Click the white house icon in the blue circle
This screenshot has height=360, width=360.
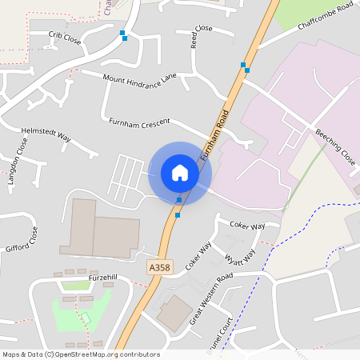(x=179, y=173)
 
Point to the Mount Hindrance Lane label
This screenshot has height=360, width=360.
(x=140, y=78)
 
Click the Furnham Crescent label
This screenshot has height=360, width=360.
(x=139, y=122)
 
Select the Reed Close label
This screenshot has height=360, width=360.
(x=201, y=36)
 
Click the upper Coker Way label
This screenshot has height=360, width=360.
(x=247, y=226)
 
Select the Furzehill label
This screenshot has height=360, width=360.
(x=103, y=276)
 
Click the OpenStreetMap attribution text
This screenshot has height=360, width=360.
(x=81, y=354)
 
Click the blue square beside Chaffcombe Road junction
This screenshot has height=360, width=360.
(x=246, y=71)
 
